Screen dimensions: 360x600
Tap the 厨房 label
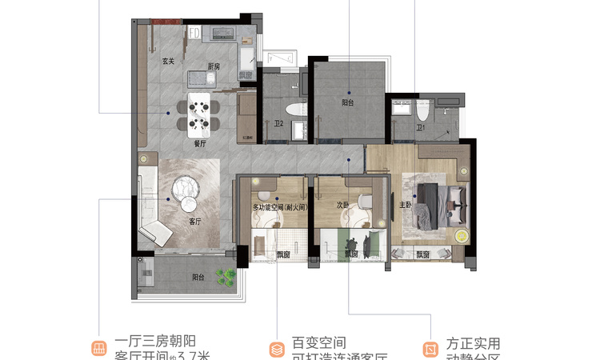click(x=214, y=66)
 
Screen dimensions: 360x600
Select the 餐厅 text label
click(x=200, y=144)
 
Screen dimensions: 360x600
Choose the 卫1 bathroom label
click(x=420, y=127)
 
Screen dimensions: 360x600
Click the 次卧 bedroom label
click(x=342, y=205)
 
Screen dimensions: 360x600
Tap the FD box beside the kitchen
click(x=194, y=33)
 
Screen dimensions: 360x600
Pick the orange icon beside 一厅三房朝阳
click(x=98, y=348)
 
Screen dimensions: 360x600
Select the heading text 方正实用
click(x=474, y=342)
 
